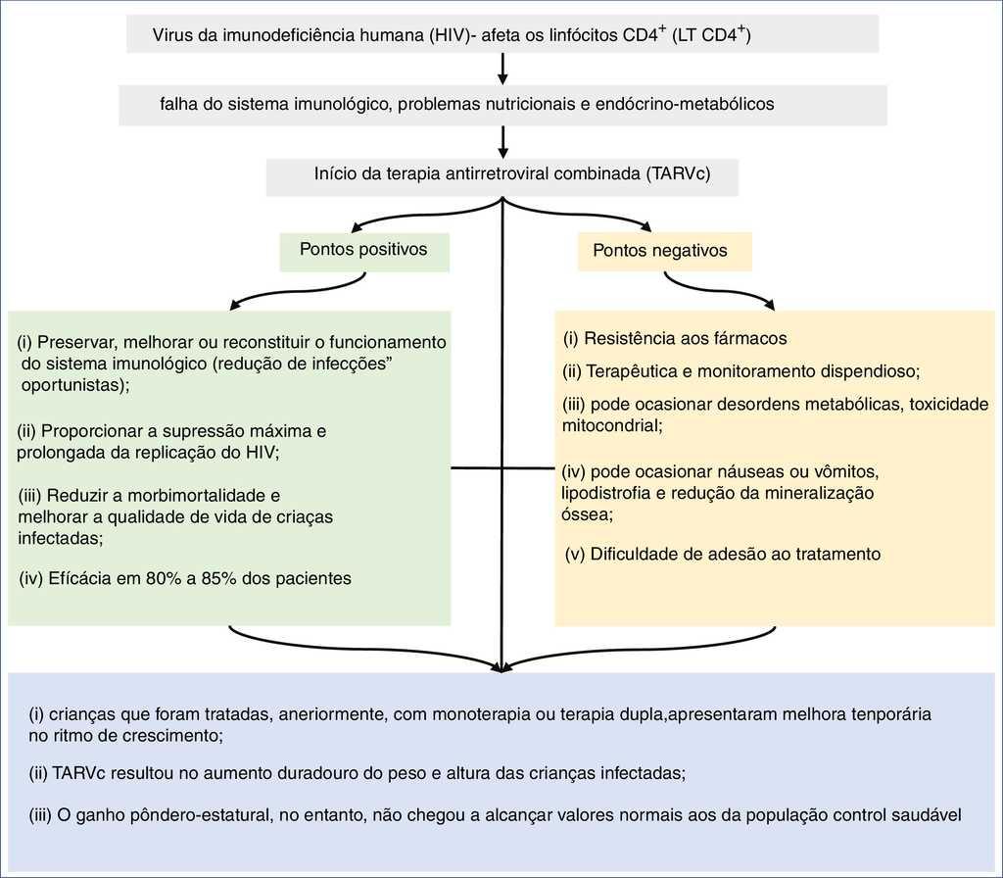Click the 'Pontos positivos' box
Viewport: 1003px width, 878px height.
tap(364, 250)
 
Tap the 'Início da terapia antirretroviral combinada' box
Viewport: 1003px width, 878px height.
tap(501, 175)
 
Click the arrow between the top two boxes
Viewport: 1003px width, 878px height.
tap(502, 69)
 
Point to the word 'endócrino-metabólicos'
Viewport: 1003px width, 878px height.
tap(685, 104)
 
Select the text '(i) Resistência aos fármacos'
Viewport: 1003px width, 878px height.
tap(675, 339)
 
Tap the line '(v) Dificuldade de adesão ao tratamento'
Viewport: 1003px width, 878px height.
tap(723, 555)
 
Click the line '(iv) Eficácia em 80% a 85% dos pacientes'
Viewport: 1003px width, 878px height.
tap(185, 579)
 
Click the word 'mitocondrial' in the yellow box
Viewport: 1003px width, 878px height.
tap(607, 426)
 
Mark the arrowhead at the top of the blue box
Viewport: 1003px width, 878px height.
tap(502, 667)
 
